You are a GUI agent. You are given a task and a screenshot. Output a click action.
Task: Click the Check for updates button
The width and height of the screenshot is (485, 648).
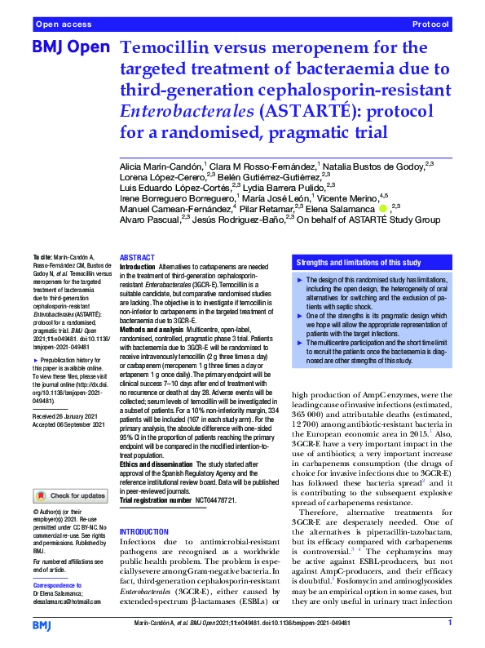pyautogui.click(x=70, y=495)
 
